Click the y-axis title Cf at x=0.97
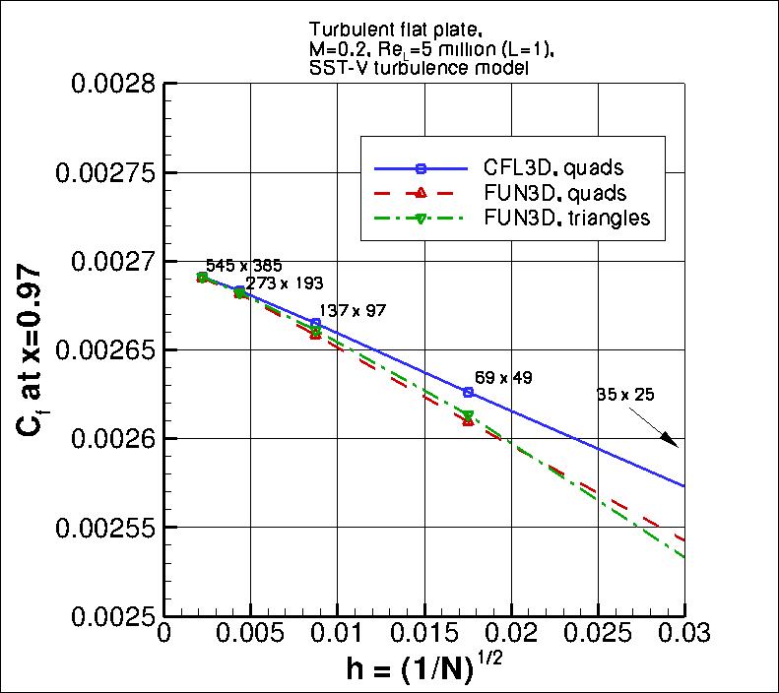click(x=31, y=349)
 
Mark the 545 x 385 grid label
click(x=239, y=265)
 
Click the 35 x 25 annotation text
click(x=625, y=395)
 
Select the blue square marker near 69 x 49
click(x=468, y=392)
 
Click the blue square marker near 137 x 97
click(x=315, y=323)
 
